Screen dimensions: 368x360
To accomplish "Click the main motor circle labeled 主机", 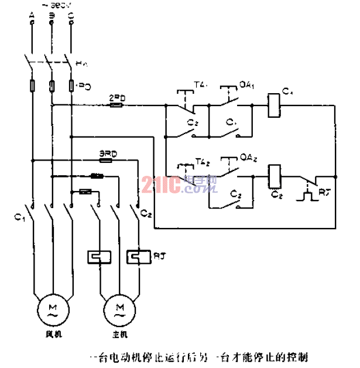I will (119, 308).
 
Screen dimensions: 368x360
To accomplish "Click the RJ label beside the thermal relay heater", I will (158, 255).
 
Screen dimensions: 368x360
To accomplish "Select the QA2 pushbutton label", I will (248, 158).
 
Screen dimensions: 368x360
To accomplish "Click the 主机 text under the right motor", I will (119, 336).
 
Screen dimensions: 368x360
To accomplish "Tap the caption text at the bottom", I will (197, 356).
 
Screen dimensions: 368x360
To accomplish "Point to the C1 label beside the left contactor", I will (19, 217).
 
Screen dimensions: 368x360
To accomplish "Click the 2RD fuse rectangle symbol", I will (116, 106).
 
